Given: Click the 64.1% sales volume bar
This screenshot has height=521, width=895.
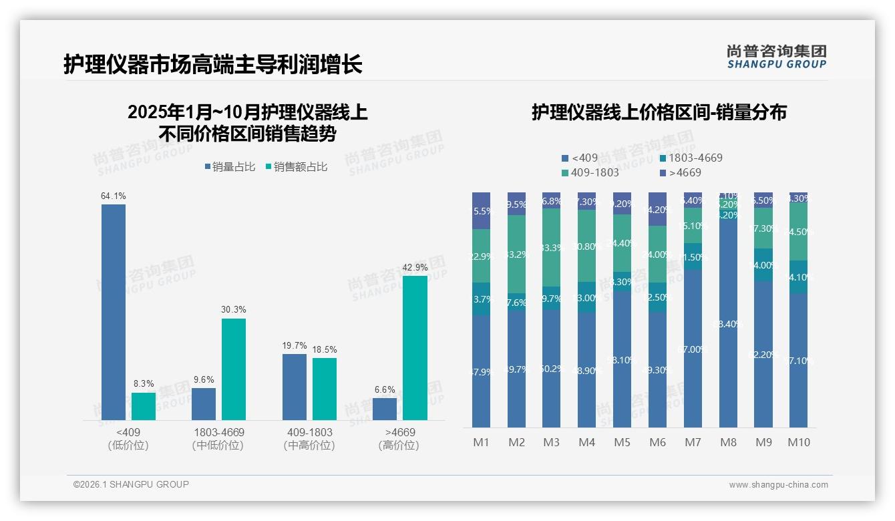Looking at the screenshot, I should point(114,312).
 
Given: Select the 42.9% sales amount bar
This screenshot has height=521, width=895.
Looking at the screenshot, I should point(415,347).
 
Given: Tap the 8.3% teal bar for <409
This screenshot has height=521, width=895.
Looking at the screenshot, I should point(144,406).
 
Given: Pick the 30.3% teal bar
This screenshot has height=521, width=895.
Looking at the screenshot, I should point(234,369).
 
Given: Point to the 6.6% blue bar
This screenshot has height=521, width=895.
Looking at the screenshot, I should point(385,409).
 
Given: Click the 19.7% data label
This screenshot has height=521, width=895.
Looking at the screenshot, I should point(295,346).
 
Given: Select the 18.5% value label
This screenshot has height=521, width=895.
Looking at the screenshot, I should point(325,349).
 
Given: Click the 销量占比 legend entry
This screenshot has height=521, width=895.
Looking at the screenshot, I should point(230,167).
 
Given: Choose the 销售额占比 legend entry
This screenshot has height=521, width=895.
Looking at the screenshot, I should point(296,167).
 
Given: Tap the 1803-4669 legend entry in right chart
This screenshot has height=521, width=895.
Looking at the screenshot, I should point(691,158).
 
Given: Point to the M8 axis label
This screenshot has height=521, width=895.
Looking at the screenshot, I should point(729,442).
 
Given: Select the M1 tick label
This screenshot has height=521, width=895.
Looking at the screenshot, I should point(482,442).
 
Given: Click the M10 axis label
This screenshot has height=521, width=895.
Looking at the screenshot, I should point(799,442).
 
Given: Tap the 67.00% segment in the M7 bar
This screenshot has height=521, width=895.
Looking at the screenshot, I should point(693,349).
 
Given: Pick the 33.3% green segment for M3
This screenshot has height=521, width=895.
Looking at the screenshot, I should point(552,248).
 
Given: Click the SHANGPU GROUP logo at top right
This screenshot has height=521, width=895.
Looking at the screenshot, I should point(776,57).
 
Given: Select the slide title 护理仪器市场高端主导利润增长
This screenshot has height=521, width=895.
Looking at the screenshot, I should point(213,65).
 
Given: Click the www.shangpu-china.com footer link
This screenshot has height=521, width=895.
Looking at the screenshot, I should point(778,485).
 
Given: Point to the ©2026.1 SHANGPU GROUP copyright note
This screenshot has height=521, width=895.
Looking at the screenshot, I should point(131,484).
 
